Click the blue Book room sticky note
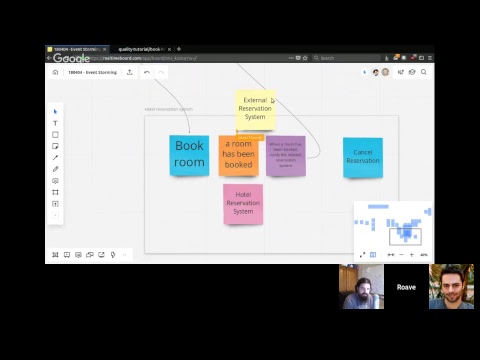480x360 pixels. pyautogui.click(x=189, y=155)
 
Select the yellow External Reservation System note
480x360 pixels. pyautogui.click(x=255, y=109)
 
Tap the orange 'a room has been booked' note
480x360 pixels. pyautogui.click(x=238, y=156)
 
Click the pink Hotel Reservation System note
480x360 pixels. pyautogui.click(x=243, y=203)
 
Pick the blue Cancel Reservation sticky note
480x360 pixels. pyautogui.click(x=363, y=157)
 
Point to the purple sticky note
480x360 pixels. pyautogui.click(x=286, y=155)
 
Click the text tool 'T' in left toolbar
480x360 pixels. pyautogui.click(x=55, y=123)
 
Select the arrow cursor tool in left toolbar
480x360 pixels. pyautogui.click(x=55, y=111)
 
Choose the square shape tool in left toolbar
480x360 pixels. pyautogui.click(x=55, y=134)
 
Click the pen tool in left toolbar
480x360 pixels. pyautogui.click(x=55, y=157)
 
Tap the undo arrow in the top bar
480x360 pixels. pyautogui.click(x=147, y=72)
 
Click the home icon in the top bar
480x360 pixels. pyautogui.click(x=55, y=72)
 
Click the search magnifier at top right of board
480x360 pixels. pyautogui.click(x=424, y=72)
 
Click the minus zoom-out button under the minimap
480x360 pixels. pyautogui.click(x=399, y=255)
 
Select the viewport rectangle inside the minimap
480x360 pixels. pyautogui.click(x=405, y=236)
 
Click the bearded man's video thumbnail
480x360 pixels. pyautogui.click(x=361, y=287)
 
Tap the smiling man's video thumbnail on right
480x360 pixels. pyautogui.click(x=451, y=287)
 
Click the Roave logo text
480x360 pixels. pyautogui.click(x=406, y=287)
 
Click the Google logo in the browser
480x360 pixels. pyautogui.click(x=71, y=58)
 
